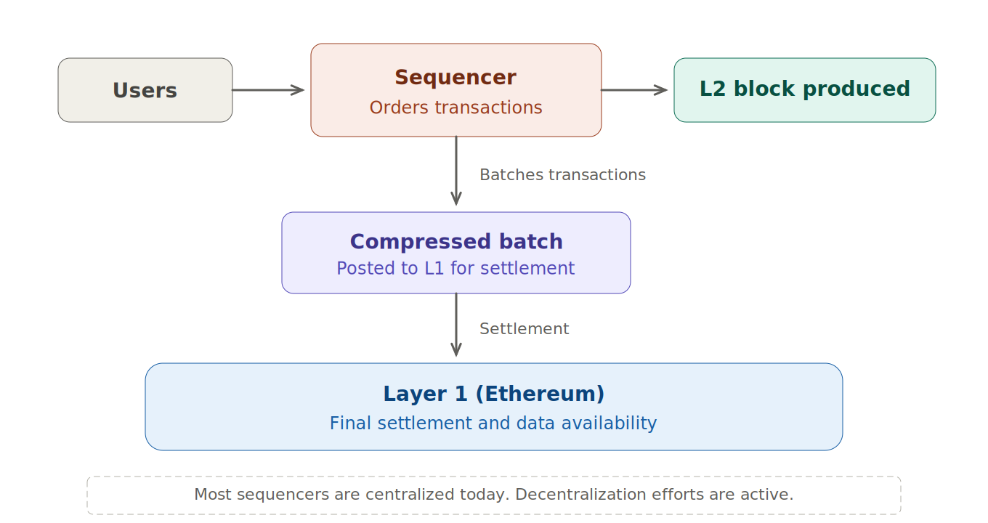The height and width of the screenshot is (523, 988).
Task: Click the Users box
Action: click(145, 90)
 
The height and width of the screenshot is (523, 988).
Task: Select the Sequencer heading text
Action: click(455, 77)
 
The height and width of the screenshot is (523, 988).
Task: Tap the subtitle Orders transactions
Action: click(455, 108)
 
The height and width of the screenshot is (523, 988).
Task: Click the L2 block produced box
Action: click(804, 89)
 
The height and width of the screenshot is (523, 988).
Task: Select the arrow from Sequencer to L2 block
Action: click(633, 90)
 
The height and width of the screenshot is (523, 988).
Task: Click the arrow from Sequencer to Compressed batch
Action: click(456, 171)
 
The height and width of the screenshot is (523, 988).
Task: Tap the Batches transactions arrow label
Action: click(562, 175)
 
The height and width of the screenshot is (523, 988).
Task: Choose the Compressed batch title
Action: click(456, 241)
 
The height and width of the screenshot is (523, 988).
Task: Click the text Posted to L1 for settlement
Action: click(455, 268)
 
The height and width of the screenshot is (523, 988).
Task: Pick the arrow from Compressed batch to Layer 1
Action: click(456, 325)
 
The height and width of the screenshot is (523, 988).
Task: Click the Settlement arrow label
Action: click(524, 329)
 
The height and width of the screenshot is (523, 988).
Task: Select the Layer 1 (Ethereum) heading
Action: click(493, 394)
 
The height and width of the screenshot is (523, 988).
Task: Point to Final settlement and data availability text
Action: click(493, 423)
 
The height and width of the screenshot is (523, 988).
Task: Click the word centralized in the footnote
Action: click(410, 495)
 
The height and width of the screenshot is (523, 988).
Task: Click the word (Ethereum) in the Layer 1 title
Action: click(540, 394)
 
